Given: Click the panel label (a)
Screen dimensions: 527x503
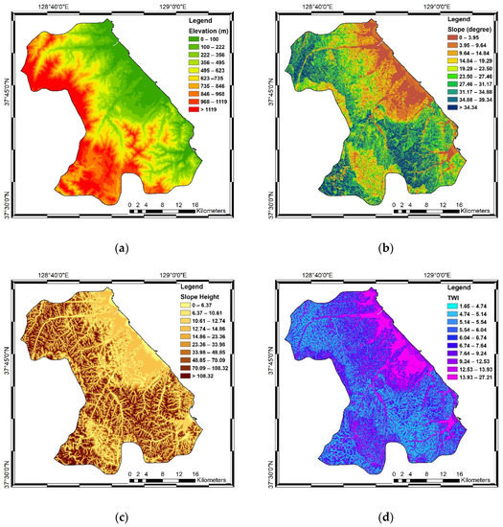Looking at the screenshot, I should click(121, 249).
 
